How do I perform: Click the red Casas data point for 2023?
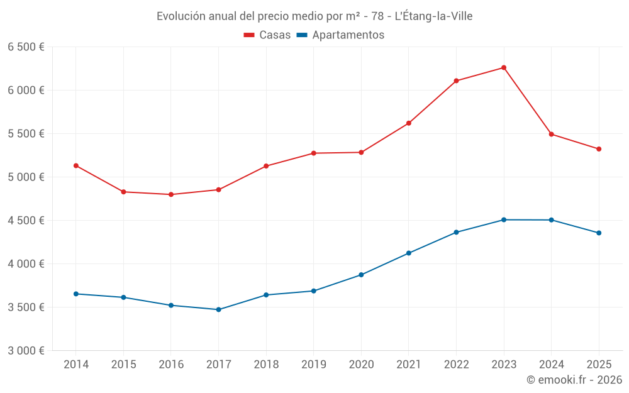click(x=504, y=67)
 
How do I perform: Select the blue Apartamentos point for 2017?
click(x=218, y=309)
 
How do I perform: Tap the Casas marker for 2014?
click(x=76, y=165)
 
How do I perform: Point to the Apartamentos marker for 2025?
click(x=599, y=233)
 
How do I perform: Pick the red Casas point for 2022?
click(x=457, y=80)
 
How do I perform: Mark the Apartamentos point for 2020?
click(x=361, y=275)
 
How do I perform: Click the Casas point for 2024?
click(x=552, y=134)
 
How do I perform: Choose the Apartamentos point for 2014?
click(x=76, y=294)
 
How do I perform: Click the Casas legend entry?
click(x=267, y=35)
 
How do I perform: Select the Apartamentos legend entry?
click(x=340, y=35)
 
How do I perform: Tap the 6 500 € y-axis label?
click(x=26, y=47)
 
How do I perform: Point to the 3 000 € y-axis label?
click(x=26, y=351)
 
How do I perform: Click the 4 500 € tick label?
click(x=26, y=221)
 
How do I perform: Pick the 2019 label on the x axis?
click(x=313, y=365)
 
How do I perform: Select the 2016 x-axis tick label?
click(x=171, y=365)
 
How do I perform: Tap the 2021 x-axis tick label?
click(x=409, y=365)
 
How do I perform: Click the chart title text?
click(x=314, y=16)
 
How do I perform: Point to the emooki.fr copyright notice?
click(x=574, y=380)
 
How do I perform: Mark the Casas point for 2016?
click(x=171, y=194)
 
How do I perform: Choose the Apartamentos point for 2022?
click(x=457, y=232)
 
